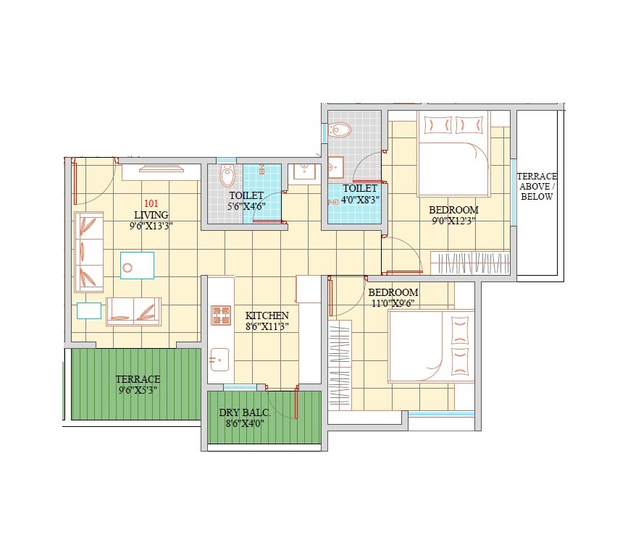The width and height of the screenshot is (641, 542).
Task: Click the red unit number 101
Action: pyautogui.click(x=151, y=203)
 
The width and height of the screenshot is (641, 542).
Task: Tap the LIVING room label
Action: pyautogui.click(x=151, y=215)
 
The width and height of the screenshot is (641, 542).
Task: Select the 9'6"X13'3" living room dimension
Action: pyautogui.click(x=151, y=226)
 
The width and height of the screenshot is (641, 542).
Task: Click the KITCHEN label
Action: pyautogui.click(x=267, y=316)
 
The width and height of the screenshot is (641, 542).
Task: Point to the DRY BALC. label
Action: pyautogui.click(x=244, y=412)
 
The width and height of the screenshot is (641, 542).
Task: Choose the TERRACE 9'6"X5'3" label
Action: pyautogui.click(x=138, y=384)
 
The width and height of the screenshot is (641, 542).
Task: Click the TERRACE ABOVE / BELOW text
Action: pyautogui.click(x=537, y=186)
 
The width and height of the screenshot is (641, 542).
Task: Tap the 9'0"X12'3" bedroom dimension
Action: pyautogui.click(x=453, y=221)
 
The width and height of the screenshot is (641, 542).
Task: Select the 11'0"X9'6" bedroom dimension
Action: pyautogui.click(x=393, y=304)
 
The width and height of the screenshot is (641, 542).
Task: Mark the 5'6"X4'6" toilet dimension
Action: pyautogui.click(x=246, y=206)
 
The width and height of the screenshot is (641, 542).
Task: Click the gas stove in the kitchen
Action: pyautogui.click(x=221, y=315)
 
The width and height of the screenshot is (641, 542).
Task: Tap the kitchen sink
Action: pyautogui.click(x=219, y=357)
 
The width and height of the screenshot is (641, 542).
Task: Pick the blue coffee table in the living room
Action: pyautogui.click(x=137, y=265)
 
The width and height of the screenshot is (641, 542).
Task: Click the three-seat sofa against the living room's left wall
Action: pyautogui.click(x=88, y=251)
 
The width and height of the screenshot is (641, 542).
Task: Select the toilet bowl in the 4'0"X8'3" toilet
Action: pyautogui.click(x=340, y=130)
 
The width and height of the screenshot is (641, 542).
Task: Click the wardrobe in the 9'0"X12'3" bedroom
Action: pyautogui.click(x=470, y=262)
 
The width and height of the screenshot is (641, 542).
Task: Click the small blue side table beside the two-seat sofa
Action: pyautogui.click(x=88, y=310)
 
